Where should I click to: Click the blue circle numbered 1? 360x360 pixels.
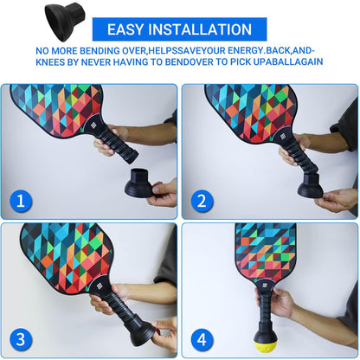(x=20, y=202)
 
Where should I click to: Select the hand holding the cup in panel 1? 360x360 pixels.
(x=163, y=192)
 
